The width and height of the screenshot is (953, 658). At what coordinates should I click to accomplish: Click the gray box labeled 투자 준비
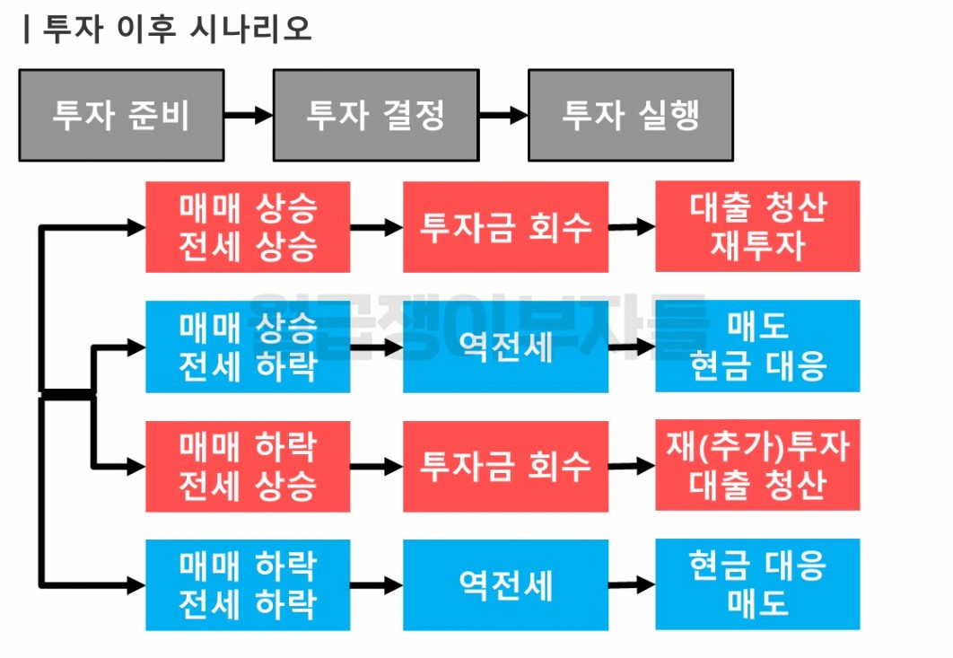121,115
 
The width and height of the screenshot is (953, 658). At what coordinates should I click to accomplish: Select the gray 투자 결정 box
376,115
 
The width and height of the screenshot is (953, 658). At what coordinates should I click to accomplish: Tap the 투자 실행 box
630,115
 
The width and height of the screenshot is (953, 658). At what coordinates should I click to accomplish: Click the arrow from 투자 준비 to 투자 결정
249,115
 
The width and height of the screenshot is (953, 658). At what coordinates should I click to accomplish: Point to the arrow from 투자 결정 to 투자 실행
503,115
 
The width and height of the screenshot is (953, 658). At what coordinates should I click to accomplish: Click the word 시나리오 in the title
251,29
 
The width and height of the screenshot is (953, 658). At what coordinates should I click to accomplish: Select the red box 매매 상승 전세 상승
248,227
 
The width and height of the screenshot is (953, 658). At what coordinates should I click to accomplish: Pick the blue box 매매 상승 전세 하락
248,347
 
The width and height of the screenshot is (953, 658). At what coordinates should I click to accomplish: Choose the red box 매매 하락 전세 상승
248,466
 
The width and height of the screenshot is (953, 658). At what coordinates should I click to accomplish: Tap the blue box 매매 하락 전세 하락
248,584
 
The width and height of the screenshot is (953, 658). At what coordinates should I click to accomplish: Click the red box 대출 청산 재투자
757,226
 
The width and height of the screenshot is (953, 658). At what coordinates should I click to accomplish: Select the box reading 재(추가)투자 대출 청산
757,465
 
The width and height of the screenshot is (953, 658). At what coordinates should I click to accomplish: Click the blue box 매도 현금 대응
757,347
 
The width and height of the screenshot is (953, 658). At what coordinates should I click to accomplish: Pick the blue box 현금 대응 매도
757,583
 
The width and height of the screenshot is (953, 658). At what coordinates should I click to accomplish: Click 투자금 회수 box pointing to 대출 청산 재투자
505,227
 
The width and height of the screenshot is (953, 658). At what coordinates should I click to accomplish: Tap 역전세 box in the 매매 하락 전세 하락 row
505,585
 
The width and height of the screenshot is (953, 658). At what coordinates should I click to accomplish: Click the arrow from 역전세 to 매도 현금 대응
632,346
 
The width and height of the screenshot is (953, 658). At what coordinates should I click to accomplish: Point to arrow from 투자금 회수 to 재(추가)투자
632,466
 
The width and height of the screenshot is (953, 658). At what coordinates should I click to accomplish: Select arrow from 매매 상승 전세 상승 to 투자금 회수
376,227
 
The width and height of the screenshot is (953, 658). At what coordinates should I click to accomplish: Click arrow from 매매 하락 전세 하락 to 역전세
376,585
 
